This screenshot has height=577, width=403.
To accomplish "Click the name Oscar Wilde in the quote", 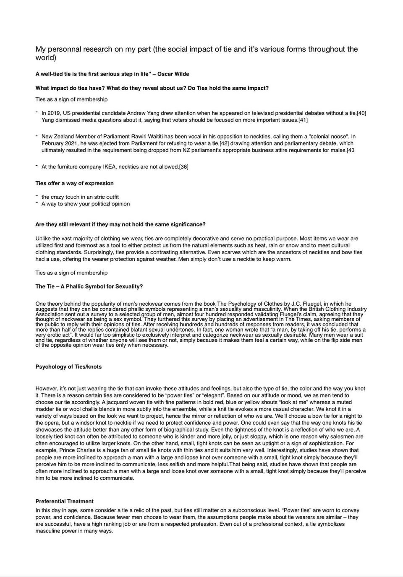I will click(173, 74).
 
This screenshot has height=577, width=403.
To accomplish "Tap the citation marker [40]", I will click(361, 113).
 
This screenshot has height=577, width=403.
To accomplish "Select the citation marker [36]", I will click(184, 167).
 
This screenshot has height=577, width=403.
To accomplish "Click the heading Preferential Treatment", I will click(64, 502).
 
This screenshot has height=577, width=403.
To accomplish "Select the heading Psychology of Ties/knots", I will click(68, 367).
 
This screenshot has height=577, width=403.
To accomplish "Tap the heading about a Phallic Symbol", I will click(89, 287).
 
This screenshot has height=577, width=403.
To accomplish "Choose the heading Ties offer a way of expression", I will click(74, 183).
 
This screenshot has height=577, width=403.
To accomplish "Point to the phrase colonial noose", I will click(328, 137).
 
